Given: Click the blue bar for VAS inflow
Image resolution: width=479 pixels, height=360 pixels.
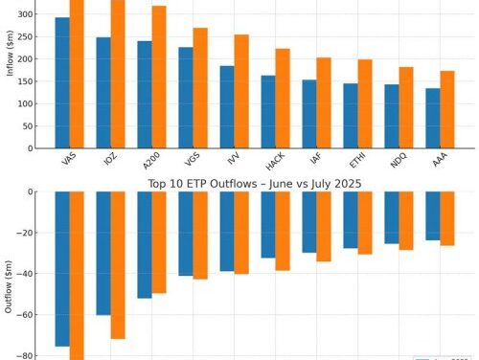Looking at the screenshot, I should coord(62,83).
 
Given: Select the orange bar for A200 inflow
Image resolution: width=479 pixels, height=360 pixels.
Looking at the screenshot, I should coord(159,77).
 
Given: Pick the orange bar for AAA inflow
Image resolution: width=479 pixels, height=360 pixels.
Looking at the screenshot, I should coord(447,109).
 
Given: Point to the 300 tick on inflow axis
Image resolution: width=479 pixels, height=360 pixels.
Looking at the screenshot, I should coord(27,15).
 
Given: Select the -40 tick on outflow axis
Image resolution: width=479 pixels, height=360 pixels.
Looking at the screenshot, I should coord(27,274).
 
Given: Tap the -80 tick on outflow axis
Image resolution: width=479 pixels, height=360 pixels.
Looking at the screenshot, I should coord(27,355).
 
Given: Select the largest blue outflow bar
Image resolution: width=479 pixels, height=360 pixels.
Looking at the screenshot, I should coord(62,268).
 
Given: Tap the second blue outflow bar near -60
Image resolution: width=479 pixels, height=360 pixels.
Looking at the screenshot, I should coord(103,253).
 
